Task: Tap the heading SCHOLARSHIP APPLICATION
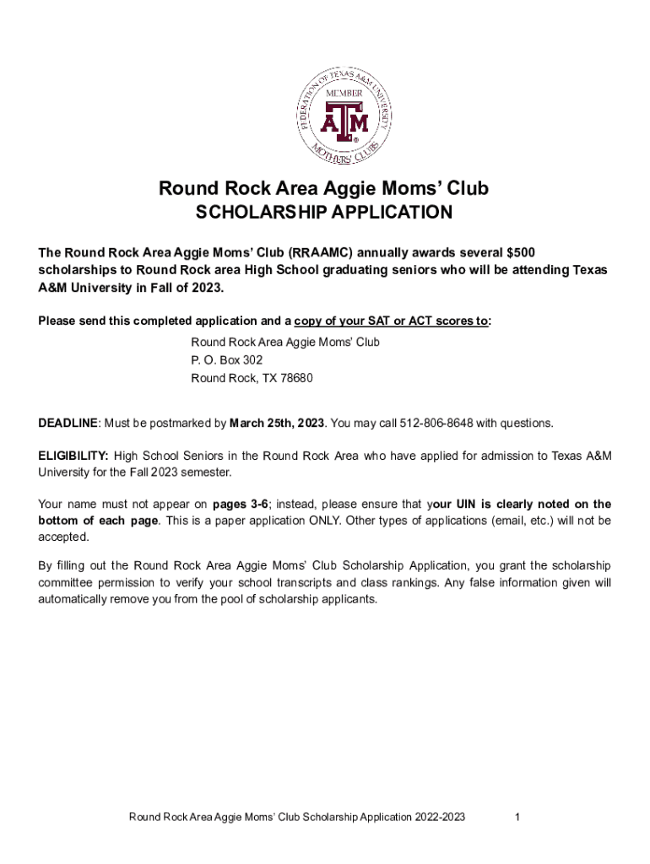[x=324, y=213]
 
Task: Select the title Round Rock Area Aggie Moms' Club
[x=324, y=189]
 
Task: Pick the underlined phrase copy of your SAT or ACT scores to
[x=391, y=321]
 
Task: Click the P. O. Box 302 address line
[x=221, y=360]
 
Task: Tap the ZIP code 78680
[x=297, y=379]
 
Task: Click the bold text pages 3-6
[x=241, y=505]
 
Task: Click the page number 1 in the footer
[x=516, y=818]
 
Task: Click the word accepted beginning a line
[x=62, y=537]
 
